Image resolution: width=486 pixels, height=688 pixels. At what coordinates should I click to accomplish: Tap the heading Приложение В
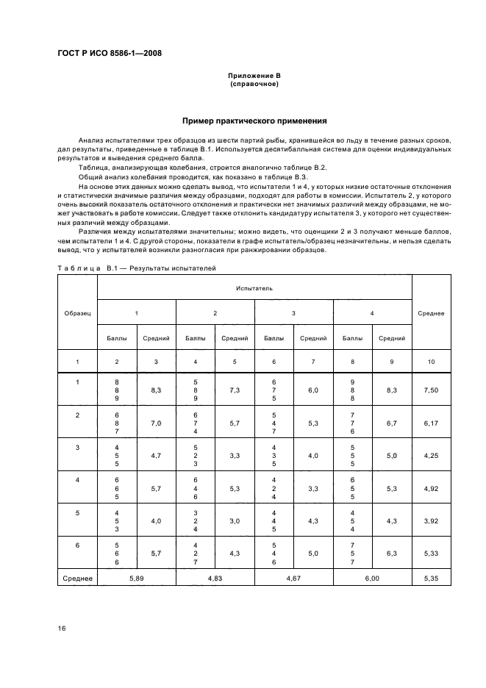coord(254,76)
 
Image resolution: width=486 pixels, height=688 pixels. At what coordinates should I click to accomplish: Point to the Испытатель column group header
coord(254,288)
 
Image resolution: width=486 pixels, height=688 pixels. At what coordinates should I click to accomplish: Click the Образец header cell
coord(77,312)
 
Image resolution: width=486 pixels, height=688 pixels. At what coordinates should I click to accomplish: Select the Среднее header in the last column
coord(430,312)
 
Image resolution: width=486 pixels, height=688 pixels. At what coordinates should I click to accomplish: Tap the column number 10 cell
coord(430,361)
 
